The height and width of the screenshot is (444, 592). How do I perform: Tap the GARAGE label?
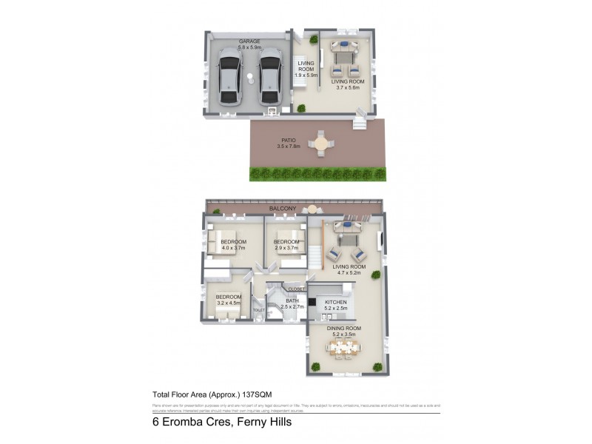249,41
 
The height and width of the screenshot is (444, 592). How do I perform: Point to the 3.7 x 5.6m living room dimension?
345,87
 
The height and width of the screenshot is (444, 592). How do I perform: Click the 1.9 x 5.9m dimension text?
306,75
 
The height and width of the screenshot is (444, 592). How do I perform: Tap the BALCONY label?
282,209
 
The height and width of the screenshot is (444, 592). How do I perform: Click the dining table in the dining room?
345,349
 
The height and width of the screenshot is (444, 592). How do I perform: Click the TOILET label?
258,310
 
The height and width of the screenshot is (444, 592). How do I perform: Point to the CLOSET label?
296,289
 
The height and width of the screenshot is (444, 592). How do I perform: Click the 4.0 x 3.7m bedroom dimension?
234,248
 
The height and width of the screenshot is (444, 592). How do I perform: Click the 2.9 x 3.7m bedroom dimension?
286,248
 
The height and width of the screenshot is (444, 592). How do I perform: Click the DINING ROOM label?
344,328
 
